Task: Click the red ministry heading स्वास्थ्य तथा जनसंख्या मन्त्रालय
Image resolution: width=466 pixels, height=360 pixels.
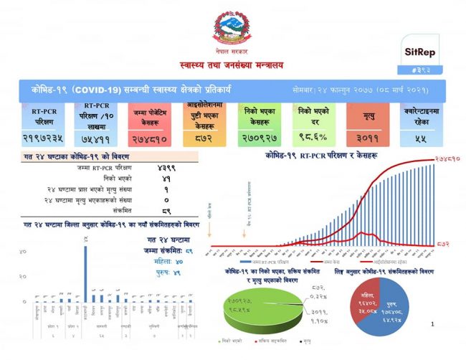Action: (x=231, y=65)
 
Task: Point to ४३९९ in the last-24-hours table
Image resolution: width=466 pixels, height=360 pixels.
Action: (x=164, y=167)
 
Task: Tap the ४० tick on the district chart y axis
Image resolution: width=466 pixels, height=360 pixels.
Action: (x=23, y=251)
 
